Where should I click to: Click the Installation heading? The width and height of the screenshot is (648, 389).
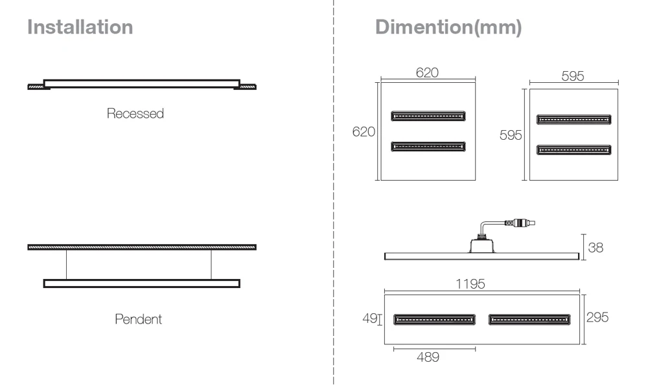pyautogui.click(x=80, y=27)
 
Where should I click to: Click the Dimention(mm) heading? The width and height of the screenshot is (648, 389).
pyautogui.click(x=448, y=27)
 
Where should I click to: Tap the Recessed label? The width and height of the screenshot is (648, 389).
pyautogui.click(x=135, y=114)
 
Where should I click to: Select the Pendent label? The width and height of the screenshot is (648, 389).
pyautogui.click(x=138, y=319)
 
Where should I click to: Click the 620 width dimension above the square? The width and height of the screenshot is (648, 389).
pyautogui.click(x=427, y=73)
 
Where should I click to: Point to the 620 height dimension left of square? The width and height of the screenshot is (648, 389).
pyautogui.click(x=364, y=131)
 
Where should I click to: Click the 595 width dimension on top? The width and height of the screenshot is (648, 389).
pyautogui.click(x=572, y=76)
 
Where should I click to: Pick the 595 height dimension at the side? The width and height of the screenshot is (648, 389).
pyautogui.click(x=511, y=135)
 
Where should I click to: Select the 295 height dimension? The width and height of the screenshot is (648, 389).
pyautogui.click(x=598, y=317)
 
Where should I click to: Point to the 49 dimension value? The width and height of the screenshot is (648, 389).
pyautogui.click(x=369, y=318)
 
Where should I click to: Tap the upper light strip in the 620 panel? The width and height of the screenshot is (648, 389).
pyautogui.click(x=428, y=117)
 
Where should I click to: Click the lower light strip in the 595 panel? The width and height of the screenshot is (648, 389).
pyautogui.click(x=573, y=150)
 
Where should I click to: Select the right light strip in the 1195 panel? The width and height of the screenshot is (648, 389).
pyautogui.click(x=529, y=318)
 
